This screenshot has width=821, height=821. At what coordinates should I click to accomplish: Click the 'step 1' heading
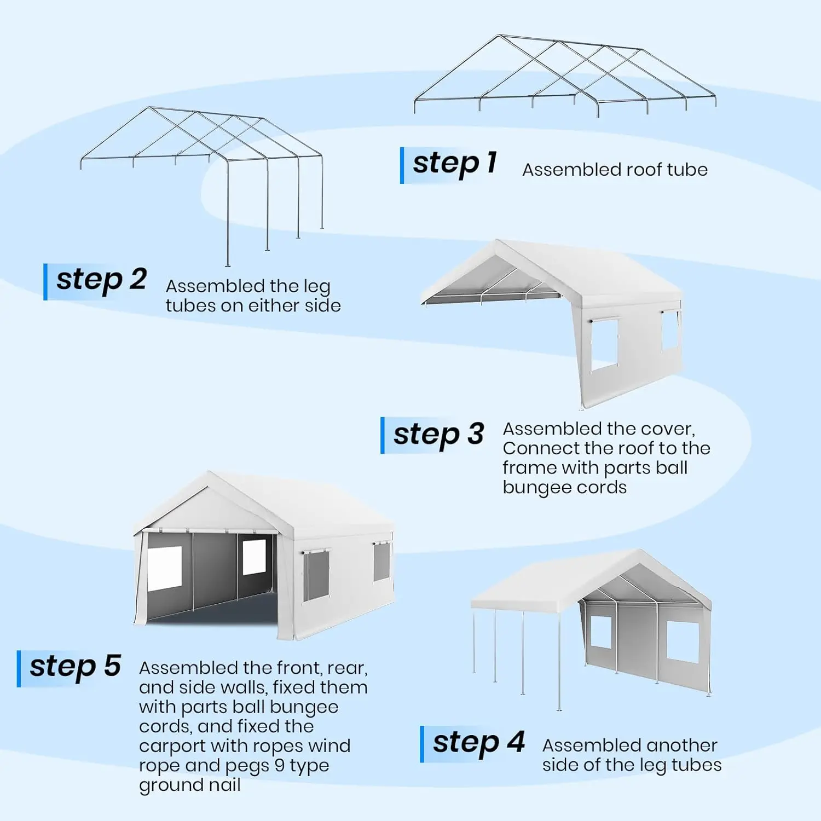pos(454,164)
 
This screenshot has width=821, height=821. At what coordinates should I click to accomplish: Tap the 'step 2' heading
pos(101,280)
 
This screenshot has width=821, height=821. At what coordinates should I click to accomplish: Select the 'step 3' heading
pos(438,435)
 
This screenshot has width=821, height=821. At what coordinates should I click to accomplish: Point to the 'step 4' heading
pos(478,743)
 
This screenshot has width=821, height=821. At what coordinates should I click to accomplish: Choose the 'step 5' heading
pos(75,667)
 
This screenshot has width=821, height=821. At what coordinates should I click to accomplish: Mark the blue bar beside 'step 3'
pos(383,435)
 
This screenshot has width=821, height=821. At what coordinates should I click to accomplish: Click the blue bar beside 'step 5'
pos(19,668)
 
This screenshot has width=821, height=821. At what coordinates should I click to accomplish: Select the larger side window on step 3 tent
pos(604,344)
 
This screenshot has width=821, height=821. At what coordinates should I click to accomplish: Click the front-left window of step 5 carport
pos(164,568)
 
